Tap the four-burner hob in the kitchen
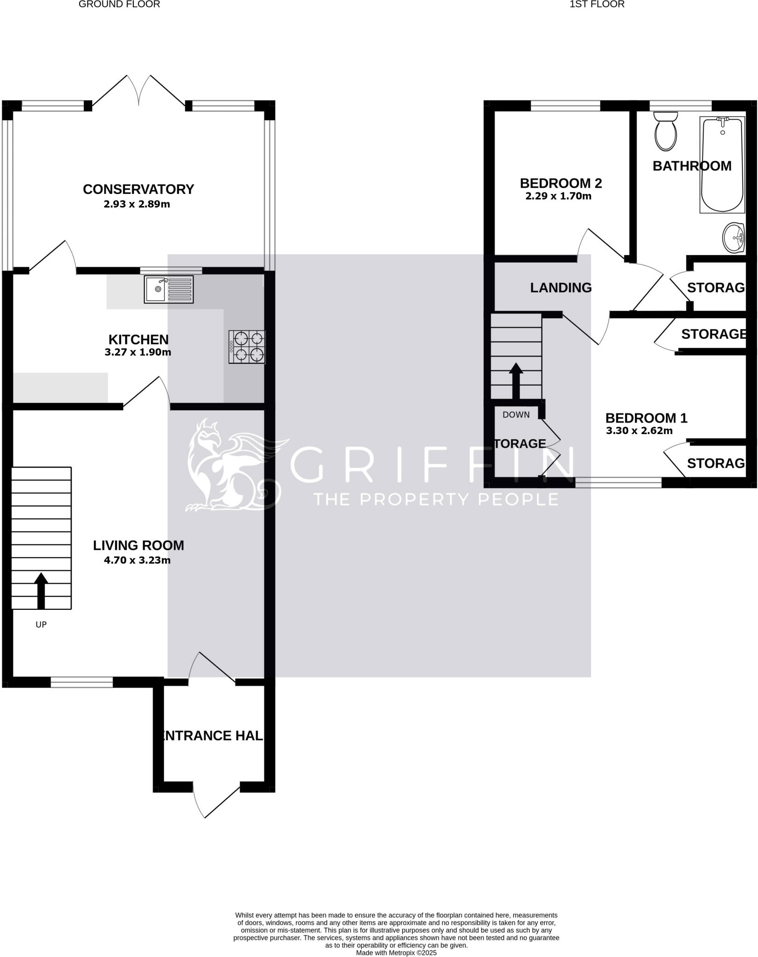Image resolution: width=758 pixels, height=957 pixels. point(247,347)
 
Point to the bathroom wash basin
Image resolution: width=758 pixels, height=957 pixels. point(734,237)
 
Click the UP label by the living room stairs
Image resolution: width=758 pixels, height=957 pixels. point(41,625)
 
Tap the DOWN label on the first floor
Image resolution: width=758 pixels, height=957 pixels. point(516,414)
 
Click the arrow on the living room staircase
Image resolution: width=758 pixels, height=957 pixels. point(41,590)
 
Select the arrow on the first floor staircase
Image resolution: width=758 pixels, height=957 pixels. point(516,380)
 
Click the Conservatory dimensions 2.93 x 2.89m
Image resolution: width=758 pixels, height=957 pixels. point(137,204)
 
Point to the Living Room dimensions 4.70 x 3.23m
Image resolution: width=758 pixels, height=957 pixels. point(137,560)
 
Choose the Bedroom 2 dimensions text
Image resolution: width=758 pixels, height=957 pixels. point(558,196)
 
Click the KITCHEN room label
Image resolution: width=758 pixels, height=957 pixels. point(138,339)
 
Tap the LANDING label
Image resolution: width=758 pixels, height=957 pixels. point(561,288)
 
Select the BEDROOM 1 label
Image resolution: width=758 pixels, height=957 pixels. point(646,418)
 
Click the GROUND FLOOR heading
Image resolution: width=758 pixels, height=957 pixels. point(119,5)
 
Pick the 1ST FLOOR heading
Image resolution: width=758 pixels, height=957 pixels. point(597,5)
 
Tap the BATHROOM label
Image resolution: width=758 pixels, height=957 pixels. point(692,166)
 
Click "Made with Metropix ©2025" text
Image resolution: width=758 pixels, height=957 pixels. point(396,952)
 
